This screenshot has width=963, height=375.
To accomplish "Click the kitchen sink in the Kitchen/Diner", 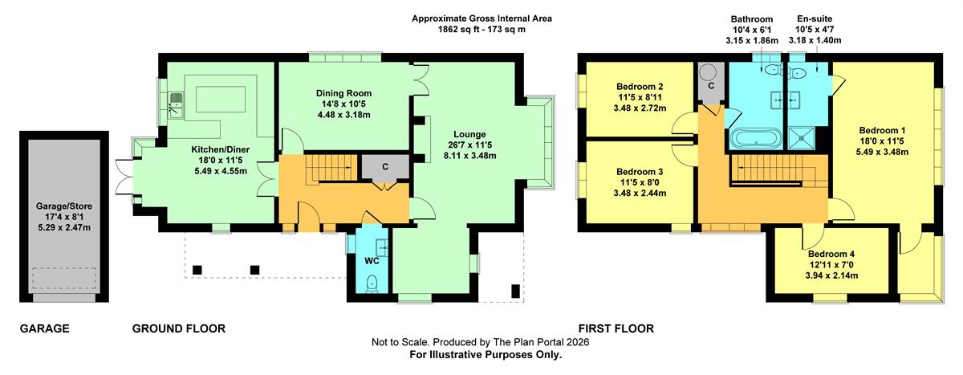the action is [177, 106].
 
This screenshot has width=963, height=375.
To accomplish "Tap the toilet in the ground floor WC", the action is [372, 284].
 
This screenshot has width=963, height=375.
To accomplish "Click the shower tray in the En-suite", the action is [802, 138].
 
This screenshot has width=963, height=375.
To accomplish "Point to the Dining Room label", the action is [343, 93].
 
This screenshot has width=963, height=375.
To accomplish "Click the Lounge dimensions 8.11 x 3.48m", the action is [470, 155].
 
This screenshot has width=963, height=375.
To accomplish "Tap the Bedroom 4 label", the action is [831, 255].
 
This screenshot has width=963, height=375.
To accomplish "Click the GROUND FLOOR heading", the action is [179, 328].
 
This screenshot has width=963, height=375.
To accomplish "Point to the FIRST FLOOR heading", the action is [616, 328].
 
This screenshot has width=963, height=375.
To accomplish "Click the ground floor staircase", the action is [331, 168].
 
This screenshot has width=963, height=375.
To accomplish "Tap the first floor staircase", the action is [779, 171].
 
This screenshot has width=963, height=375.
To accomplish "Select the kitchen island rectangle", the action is [221, 99].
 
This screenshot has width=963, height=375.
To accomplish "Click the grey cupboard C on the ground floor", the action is [384, 167].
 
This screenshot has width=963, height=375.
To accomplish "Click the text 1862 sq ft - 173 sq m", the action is [481, 30].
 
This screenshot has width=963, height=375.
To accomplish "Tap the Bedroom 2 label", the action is [640, 87].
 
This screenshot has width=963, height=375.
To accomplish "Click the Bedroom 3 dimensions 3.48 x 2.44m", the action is [640, 193].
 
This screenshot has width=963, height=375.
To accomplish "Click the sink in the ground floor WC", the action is [382, 247].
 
